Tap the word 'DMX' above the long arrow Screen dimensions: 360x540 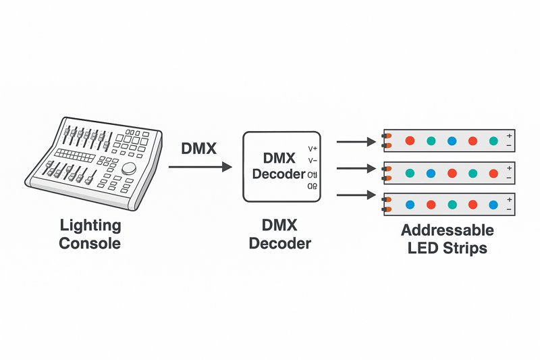pyautogui.click(x=198, y=149)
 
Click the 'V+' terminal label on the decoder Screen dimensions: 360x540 pyautogui.click(x=313, y=149)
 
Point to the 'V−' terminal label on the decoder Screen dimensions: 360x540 pyautogui.click(x=313, y=161)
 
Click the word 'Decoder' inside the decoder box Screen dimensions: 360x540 pyautogui.click(x=279, y=174)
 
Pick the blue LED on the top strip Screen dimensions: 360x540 pyautogui.click(x=452, y=141)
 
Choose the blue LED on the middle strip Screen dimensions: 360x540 pyautogui.click(x=431, y=173)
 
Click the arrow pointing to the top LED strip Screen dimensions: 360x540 pyautogui.click(x=355, y=142)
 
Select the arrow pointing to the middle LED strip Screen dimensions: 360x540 pyautogui.click(x=355, y=169)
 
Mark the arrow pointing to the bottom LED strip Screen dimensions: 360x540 pyautogui.click(x=355, y=195)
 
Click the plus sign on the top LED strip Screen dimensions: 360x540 pyautogui.click(x=509, y=136)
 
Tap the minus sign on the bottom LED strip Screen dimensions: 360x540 pyautogui.click(x=509, y=209)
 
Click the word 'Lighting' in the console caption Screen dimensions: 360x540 pyautogui.click(x=90, y=226)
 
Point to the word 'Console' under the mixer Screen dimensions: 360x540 pyautogui.click(x=90, y=243)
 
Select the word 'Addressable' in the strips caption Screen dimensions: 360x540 pyautogui.click(x=448, y=230)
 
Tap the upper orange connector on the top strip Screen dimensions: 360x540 pyautogui.click(x=387, y=136)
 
